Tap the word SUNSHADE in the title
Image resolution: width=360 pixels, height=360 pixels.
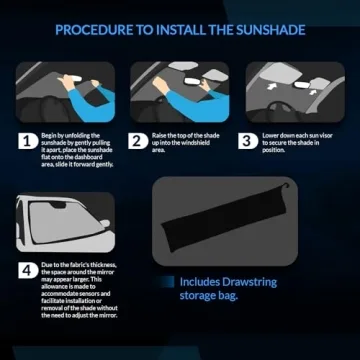click(x=269, y=29)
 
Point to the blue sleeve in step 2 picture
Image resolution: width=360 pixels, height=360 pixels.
click(x=176, y=100)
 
